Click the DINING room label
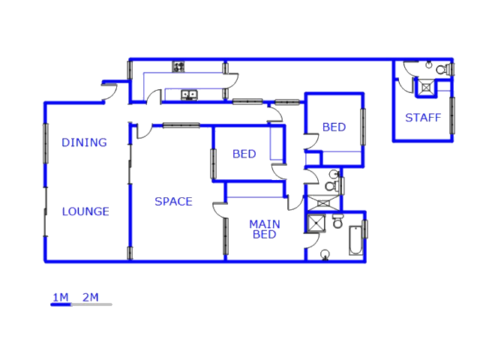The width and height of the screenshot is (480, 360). point(84,142)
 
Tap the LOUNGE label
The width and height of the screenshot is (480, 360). point(85,211)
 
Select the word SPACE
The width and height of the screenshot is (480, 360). point(173,201)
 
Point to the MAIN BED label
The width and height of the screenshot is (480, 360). point(264,229)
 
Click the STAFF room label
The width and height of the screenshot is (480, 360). point(423,118)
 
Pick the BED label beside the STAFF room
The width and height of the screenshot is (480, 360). point(334,127)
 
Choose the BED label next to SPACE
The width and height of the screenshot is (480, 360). point(244,154)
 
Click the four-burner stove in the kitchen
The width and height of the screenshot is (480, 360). point(179,67)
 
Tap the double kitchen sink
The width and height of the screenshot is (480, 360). point(189,94)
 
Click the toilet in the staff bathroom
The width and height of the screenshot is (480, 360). point(442,70)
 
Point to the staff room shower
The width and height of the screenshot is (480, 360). point(426,88)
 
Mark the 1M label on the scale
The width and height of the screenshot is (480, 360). point(60,298)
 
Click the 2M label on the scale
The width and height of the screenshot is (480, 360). point(90,298)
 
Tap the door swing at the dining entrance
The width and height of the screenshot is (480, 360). point(110,90)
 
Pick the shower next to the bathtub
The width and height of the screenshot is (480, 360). point(316,222)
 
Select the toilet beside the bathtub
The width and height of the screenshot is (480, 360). point(337,222)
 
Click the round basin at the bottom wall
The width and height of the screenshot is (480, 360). point(325,255)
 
